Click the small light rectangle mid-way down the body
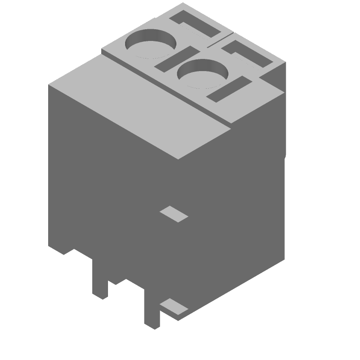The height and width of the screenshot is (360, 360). click(174, 214)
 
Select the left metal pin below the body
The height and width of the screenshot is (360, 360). click(99, 279)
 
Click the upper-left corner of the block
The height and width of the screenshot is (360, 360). click(49, 85)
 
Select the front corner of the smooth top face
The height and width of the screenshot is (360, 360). click(179, 158)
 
